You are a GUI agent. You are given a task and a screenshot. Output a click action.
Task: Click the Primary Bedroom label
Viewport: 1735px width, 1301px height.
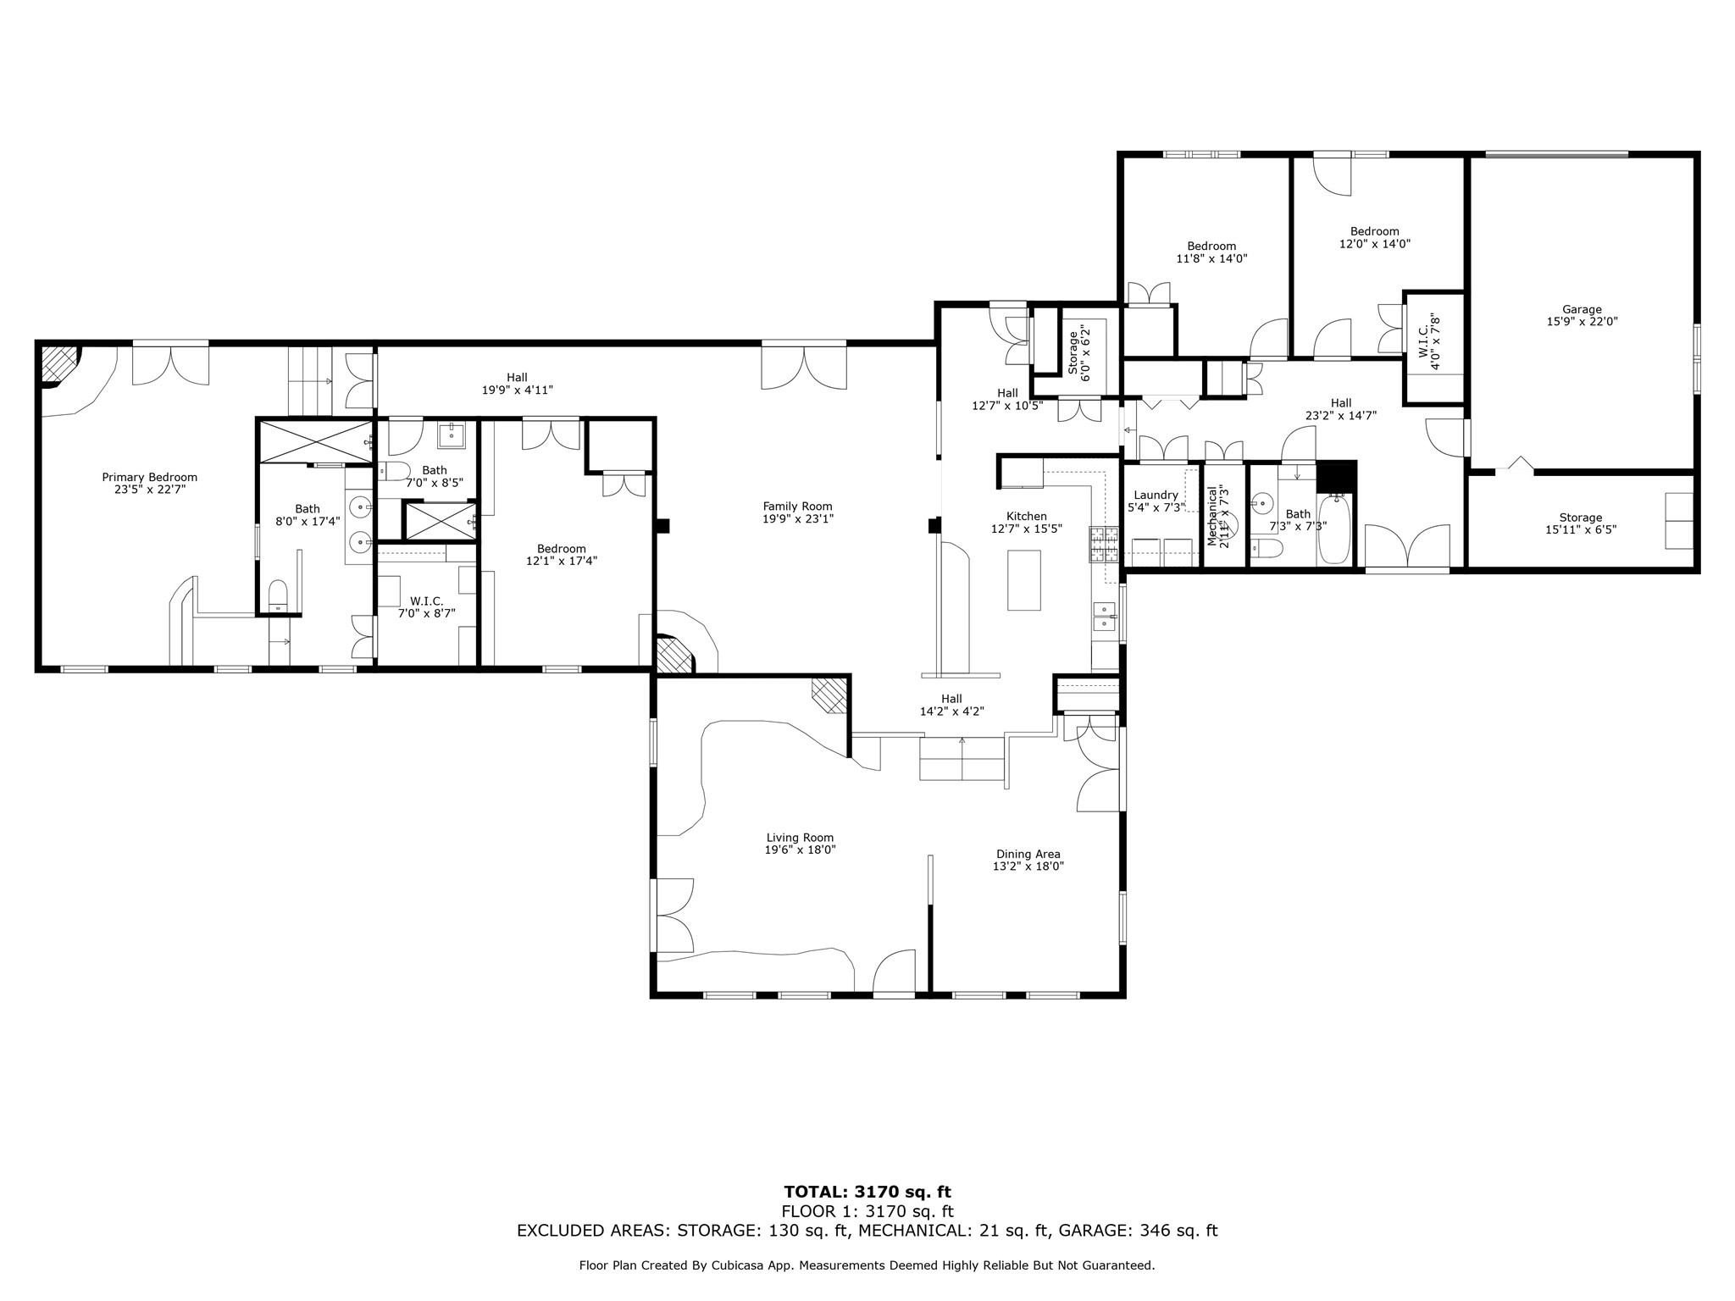(149, 477)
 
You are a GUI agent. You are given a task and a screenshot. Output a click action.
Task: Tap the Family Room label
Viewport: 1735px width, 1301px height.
(797, 507)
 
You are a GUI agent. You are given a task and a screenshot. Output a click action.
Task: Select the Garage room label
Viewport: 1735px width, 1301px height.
(1582, 309)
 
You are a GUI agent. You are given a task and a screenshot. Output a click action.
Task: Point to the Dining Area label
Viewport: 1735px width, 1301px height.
(1028, 854)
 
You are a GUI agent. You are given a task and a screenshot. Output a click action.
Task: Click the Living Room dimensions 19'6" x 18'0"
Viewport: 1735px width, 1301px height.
(801, 850)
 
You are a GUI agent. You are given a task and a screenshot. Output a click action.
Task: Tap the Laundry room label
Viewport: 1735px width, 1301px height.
(1156, 495)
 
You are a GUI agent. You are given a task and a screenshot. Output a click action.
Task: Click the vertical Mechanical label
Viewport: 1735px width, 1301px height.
(1212, 516)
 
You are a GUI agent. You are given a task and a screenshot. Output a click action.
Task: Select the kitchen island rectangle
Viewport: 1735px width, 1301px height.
(1023, 579)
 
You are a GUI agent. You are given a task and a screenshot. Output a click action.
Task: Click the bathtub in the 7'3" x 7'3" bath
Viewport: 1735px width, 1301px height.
(1333, 530)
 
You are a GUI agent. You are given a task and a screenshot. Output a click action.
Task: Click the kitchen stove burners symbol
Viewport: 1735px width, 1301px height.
(1098, 545)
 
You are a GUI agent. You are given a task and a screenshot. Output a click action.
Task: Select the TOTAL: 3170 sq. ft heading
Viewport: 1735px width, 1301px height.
(867, 1193)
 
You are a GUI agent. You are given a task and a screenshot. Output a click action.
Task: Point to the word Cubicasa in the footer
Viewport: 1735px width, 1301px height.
(796, 1265)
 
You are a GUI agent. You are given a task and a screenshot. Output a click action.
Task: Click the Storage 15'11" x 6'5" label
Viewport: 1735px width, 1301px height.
(1581, 523)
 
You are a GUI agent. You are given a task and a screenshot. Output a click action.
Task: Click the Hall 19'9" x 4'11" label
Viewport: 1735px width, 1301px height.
(517, 384)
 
